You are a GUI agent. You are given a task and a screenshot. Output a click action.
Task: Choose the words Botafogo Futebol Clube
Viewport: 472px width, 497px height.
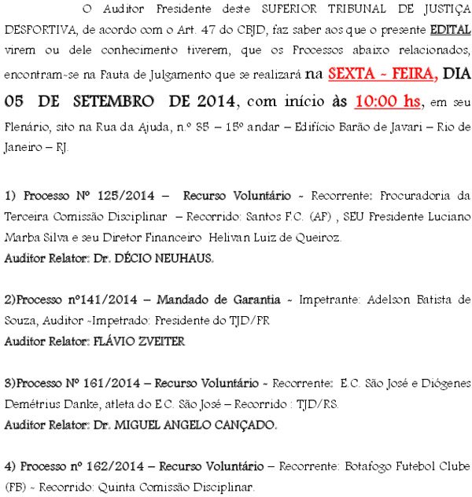(407, 466)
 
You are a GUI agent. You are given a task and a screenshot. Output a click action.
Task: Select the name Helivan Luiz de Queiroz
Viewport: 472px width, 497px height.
(275, 237)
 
